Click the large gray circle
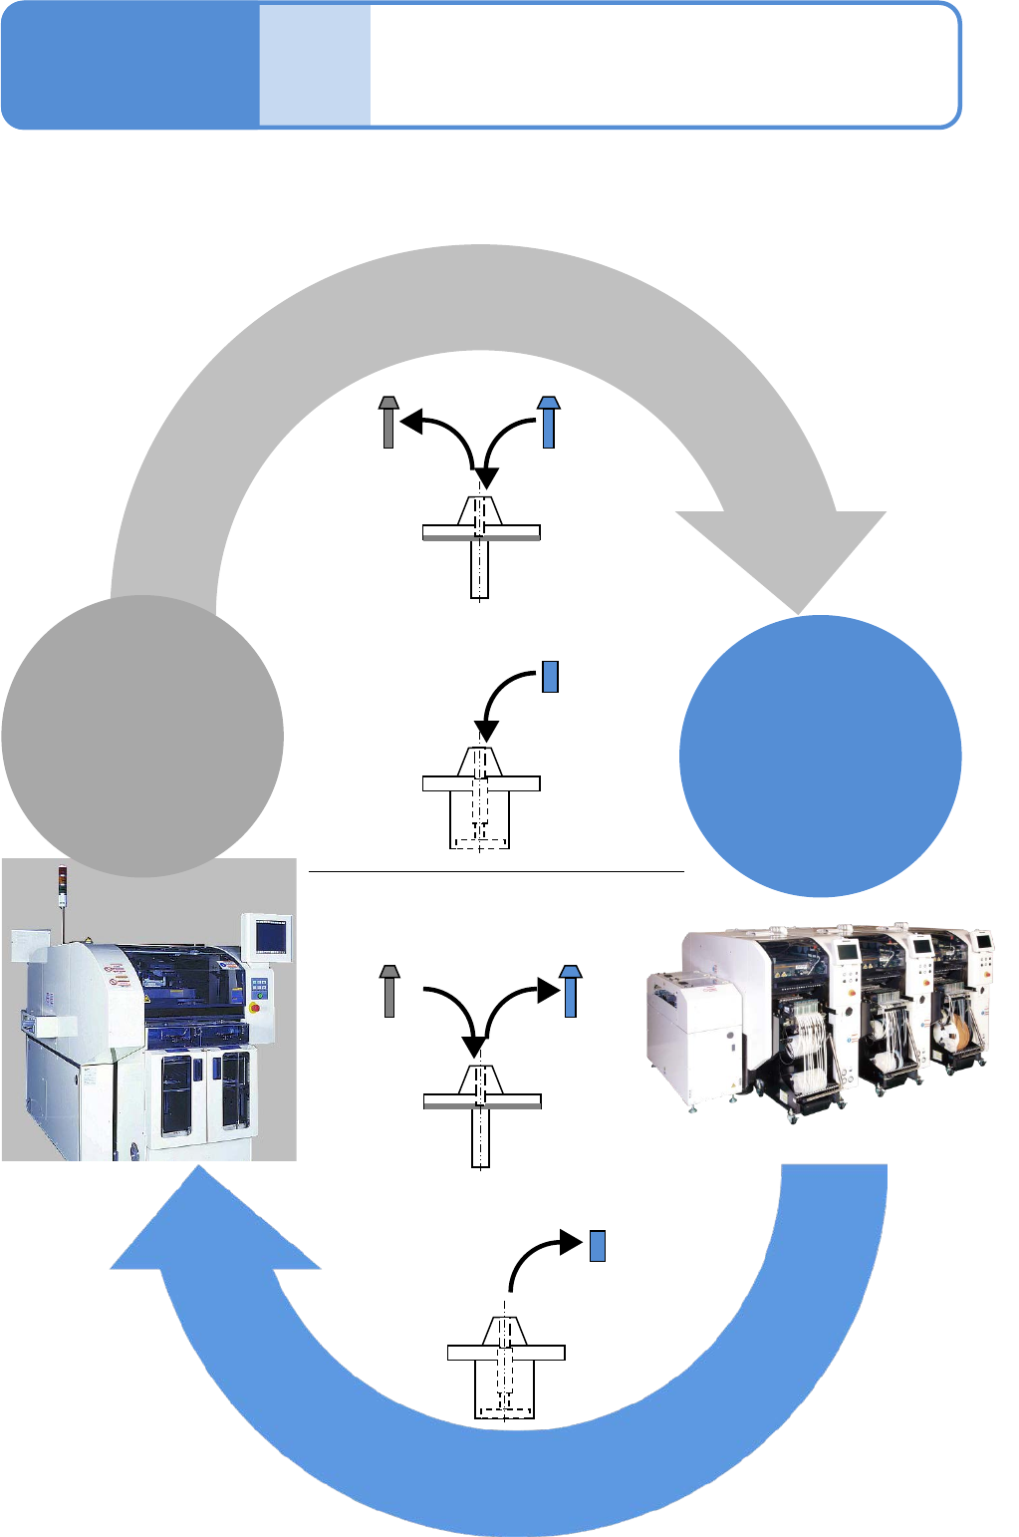(142, 736)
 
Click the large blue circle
(820, 756)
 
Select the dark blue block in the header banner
(129, 66)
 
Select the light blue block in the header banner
(315, 66)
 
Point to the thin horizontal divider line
(496, 871)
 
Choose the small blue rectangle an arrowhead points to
(598, 1246)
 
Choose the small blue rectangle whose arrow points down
(550, 677)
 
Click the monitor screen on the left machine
(271, 936)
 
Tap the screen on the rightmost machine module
(984, 940)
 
